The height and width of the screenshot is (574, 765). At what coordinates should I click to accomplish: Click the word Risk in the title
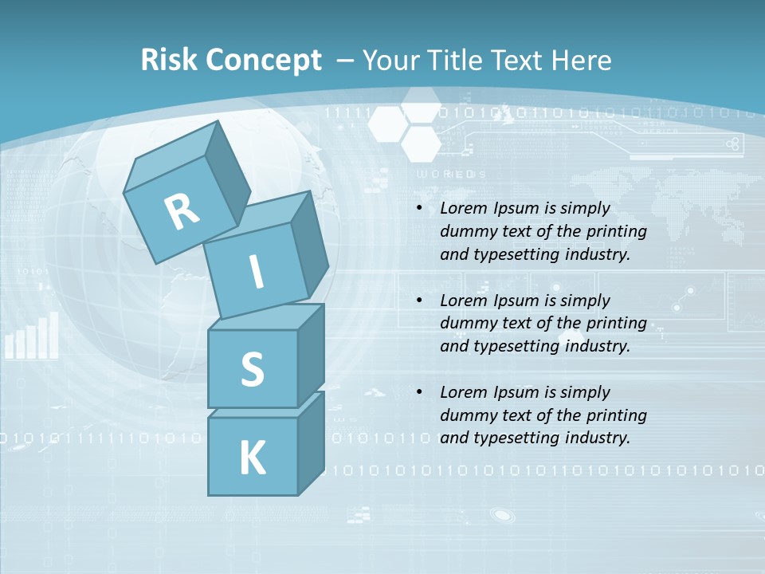pyautogui.click(x=170, y=61)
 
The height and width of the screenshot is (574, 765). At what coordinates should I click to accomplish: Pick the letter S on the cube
pyautogui.click(x=252, y=369)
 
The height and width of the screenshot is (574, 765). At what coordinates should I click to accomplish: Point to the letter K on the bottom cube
pyautogui.click(x=252, y=458)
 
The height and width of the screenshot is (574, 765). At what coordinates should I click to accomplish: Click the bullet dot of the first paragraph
pyautogui.click(x=419, y=209)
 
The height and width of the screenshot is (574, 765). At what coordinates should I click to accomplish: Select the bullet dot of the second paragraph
pyautogui.click(x=419, y=301)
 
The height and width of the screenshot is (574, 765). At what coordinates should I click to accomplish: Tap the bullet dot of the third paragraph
pyautogui.click(x=419, y=392)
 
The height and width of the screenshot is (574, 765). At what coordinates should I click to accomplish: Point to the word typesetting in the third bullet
pyautogui.click(x=520, y=438)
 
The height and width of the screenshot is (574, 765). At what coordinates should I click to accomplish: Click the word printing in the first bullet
pyautogui.click(x=616, y=231)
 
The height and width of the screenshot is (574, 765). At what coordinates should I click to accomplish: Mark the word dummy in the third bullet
pyautogui.click(x=465, y=415)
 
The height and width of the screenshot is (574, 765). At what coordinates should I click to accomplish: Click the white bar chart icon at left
pyautogui.click(x=32, y=336)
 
